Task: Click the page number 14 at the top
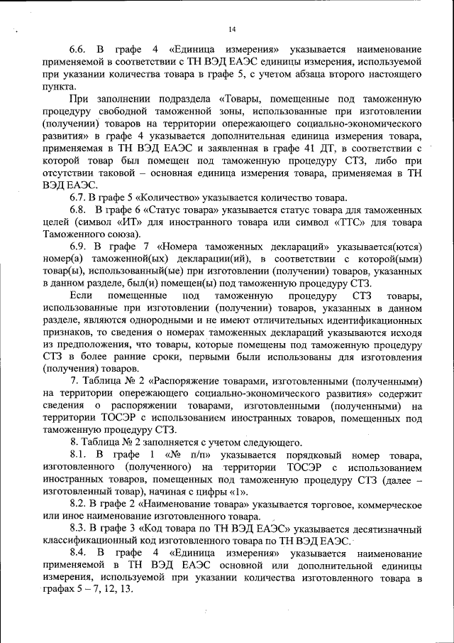(232, 29)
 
